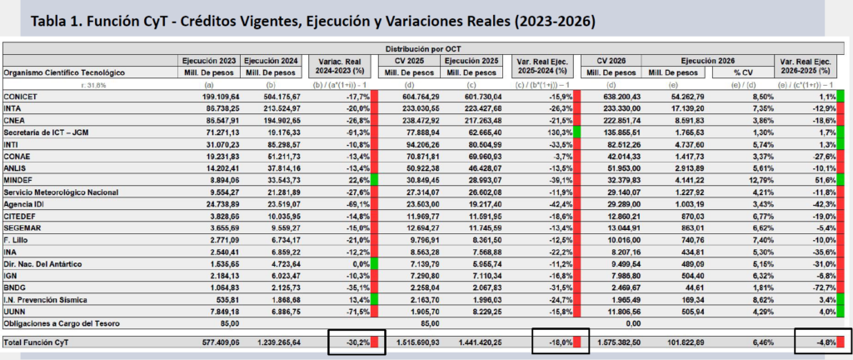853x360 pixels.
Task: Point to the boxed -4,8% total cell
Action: pos(821,342)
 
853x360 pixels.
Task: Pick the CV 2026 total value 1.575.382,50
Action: pos(617,342)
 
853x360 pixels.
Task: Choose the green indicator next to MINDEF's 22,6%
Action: pos(376,180)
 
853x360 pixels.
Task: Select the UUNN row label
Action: pos(16,312)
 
